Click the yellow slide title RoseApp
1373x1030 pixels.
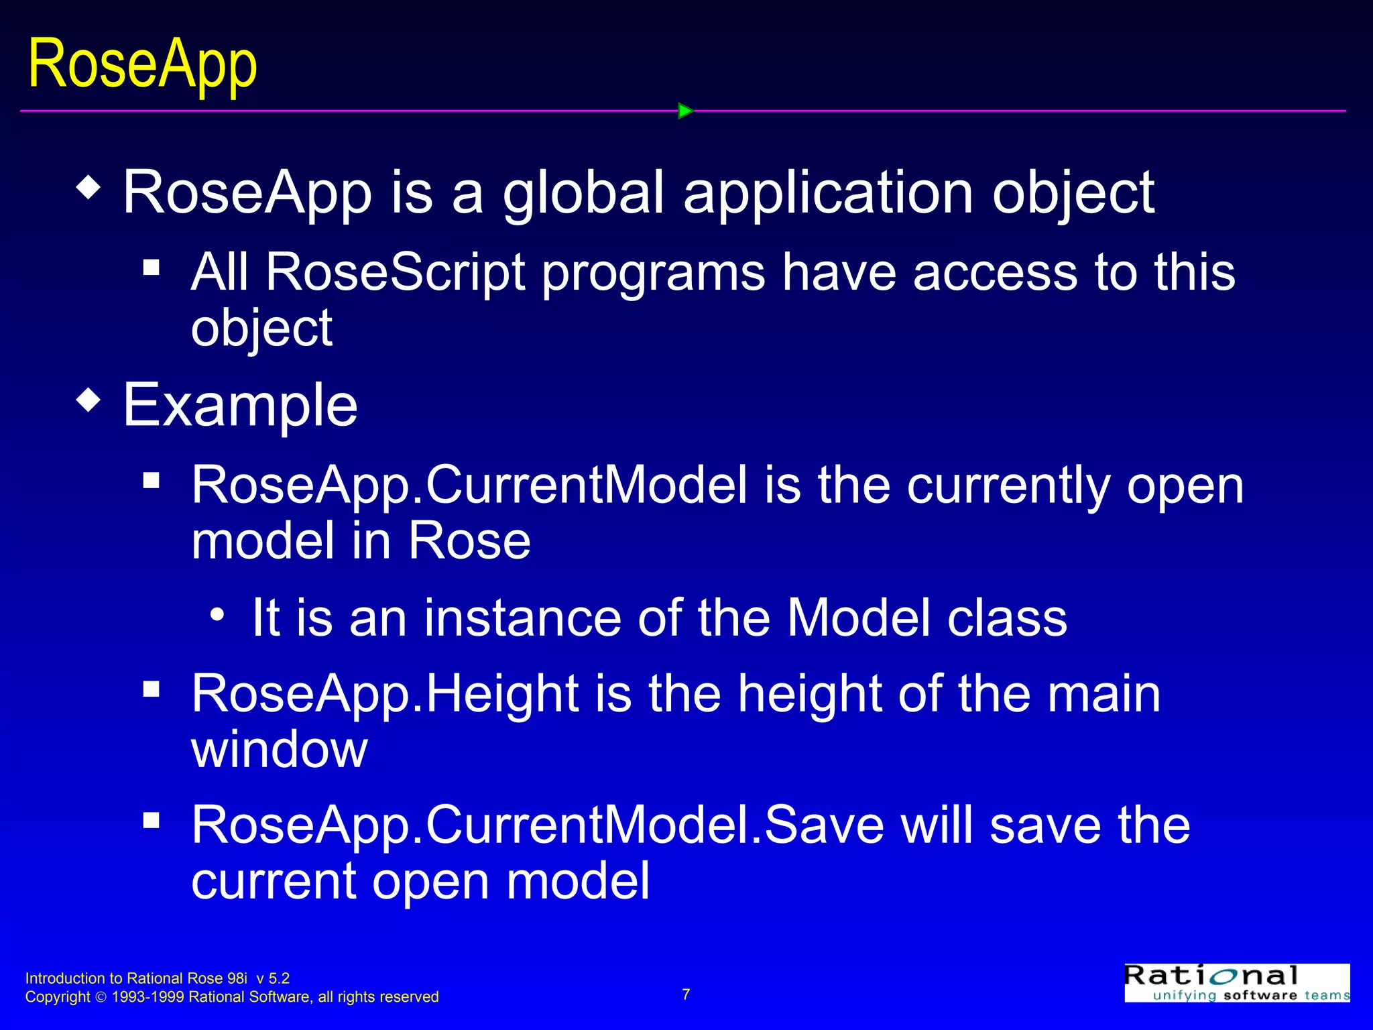(x=142, y=65)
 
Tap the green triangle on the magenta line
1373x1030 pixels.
(x=684, y=111)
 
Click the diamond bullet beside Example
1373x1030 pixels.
(x=88, y=401)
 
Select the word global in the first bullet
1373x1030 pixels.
(x=583, y=193)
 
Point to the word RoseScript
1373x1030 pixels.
(x=395, y=272)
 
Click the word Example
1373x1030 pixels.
(x=240, y=405)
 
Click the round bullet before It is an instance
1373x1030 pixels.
(x=217, y=614)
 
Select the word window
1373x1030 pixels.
(x=279, y=750)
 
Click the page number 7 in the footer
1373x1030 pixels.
(x=686, y=994)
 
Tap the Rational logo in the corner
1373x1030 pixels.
(x=1236, y=983)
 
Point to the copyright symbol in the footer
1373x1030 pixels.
(x=101, y=998)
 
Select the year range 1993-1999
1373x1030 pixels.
(x=147, y=997)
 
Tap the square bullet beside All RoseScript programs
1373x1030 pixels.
(x=152, y=268)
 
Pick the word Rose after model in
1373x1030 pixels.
(x=469, y=541)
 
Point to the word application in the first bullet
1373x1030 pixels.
(x=829, y=193)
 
